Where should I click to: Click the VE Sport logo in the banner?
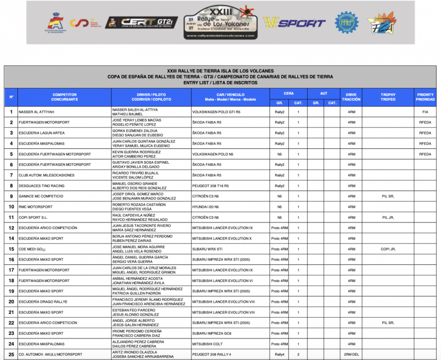(294, 22)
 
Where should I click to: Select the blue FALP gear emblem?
(347, 22)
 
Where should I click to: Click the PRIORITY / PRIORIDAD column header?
(425, 97)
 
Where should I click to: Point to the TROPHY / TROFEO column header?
(388, 97)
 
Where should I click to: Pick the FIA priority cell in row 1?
(425, 112)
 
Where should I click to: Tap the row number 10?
(11, 207)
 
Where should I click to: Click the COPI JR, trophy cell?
(388, 249)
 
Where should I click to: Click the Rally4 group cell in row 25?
(280, 355)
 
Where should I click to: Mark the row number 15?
(11, 249)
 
